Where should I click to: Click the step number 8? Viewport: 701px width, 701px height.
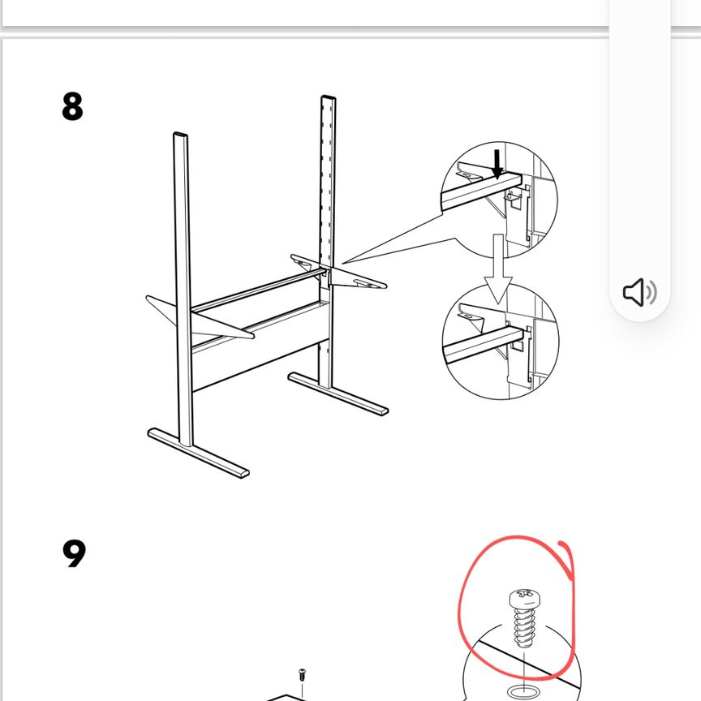click(72, 106)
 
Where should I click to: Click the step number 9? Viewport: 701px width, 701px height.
click(74, 553)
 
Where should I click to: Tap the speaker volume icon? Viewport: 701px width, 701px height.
click(640, 292)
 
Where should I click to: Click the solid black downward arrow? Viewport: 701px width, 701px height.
click(497, 164)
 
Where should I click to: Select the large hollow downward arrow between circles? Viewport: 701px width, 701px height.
click(498, 269)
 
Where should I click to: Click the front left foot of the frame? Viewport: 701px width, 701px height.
click(198, 454)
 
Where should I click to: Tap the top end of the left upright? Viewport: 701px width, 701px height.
click(180, 135)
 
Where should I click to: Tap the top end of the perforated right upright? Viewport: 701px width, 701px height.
click(328, 98)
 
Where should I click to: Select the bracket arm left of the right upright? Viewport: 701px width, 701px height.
click(307, 263)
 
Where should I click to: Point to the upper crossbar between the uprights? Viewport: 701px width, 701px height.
click(257, 290)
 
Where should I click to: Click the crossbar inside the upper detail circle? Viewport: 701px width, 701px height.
click(481, 191)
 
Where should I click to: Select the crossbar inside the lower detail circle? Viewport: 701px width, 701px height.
click(483, 345)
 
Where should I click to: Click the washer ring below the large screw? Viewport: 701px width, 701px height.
click(523, 690)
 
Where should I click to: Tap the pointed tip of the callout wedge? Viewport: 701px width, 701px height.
click(342, 263)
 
